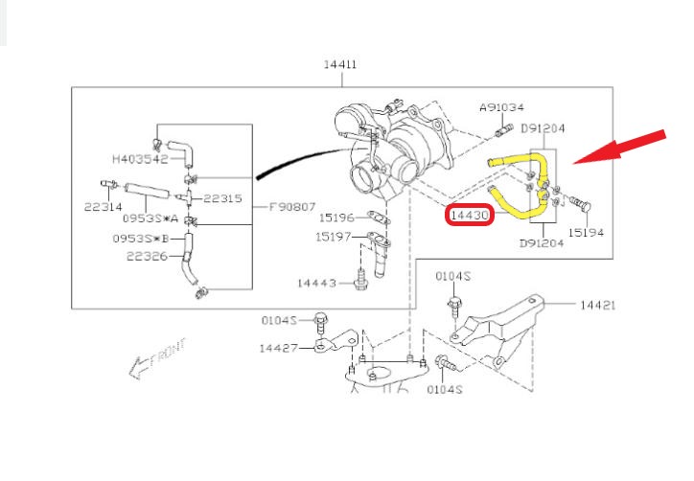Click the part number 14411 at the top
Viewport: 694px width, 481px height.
[x=340, y=65]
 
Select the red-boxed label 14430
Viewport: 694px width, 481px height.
[x=470, y=217]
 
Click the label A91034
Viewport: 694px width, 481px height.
[x=502, y=107]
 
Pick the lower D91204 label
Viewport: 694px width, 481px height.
[x=542, y=243]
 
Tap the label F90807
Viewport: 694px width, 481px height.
[x=291, y=206]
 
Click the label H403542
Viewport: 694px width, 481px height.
[x=140, y=159]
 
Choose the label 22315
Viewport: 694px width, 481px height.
[x=222, y=198]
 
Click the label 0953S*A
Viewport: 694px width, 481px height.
[x=144, y=220]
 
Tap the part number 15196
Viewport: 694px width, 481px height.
[x=337, y=218]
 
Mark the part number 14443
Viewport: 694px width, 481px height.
[x=317, y=283]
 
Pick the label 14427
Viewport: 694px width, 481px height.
[x=279, y=348]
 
